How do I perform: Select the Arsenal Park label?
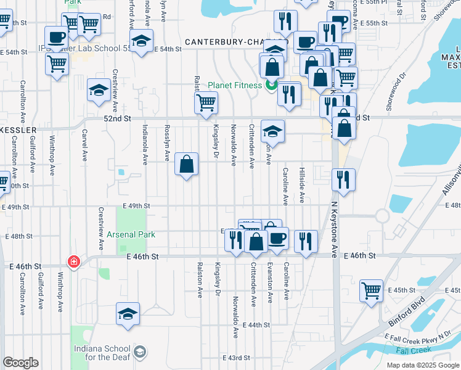[x=131, y=234]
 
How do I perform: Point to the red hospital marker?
[x=74, y=262]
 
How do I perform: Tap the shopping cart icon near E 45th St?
[x=371, y=290]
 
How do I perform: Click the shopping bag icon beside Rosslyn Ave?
[x=186, y=164]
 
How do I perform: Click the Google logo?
[x=20, y=363]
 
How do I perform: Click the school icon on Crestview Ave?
[x=99, y=91]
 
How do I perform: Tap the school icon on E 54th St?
[x=142, y=41]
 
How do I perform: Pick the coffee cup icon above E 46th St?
[x=277, y=237]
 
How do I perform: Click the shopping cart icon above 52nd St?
[x=206, y=102]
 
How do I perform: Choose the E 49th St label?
[x=136, y=206]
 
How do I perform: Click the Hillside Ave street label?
[x=302, y=186]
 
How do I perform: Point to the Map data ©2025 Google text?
[x=423, y=364]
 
